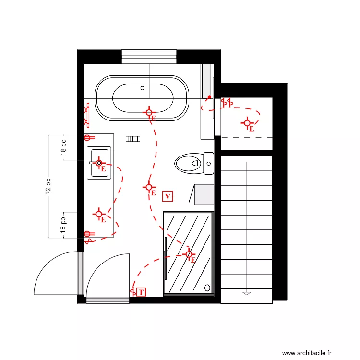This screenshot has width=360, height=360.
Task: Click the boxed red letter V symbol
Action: tap(168, 196)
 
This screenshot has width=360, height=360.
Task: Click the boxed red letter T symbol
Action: tap(141, 292)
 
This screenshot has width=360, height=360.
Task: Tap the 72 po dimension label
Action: tap(48, 186)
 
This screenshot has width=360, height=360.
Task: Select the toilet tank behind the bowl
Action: tap(209, 163)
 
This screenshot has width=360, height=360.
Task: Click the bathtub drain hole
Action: tap(143, 88)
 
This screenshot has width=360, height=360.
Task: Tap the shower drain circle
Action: tap(207, 288)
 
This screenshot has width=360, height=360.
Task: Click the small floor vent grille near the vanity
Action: tap(132, 139)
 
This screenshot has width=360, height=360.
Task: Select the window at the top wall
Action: tap(149, 57)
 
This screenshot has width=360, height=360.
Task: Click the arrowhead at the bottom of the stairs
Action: tap(247, 293)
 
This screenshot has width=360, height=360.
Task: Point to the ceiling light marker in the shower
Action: tap(189, 254)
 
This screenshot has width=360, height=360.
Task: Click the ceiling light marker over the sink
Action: tap(99, 163)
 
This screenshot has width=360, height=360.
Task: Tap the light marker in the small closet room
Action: tap(247, 123)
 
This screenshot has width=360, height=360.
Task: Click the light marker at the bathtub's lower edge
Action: tap(149, 113)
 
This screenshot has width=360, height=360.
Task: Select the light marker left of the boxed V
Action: tap(149, 187)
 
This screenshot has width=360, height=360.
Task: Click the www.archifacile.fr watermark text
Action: tap(307, 353)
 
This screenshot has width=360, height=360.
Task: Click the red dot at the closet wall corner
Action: tap(209, 97)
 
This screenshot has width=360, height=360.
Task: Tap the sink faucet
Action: tap(93, 163)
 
